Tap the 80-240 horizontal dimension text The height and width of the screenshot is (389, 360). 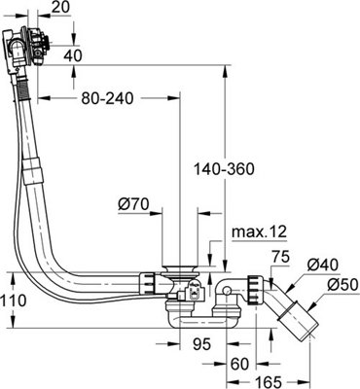point(106,99)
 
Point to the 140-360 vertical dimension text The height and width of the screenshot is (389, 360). point(225,168)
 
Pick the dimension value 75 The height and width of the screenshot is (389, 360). point(280,258)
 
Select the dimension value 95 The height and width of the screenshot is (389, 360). point(201,343)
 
